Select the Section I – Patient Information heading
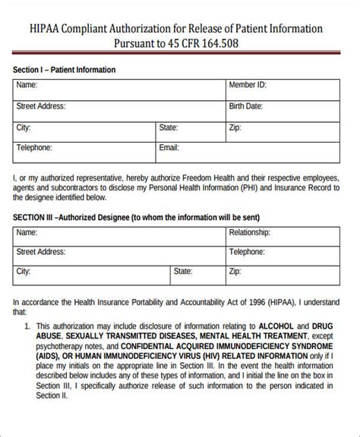pyautogui.click(x=64, y=70)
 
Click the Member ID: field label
pyautogui.click(x=248, y=86)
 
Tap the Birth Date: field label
pyautogui.click(x=246, y=107)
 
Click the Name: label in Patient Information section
pyautogui.click(x=27, y=86)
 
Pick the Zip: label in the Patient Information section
pyautogui.click(x=236, y=128)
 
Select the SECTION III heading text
pyautogui.click(x=33, y=215)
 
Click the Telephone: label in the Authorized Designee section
pyautogui.click(x=248, y=251)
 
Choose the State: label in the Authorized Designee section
pyautogui.click(x=183, y=270)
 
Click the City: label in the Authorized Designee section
pyautogui.click(x=24, y=270)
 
